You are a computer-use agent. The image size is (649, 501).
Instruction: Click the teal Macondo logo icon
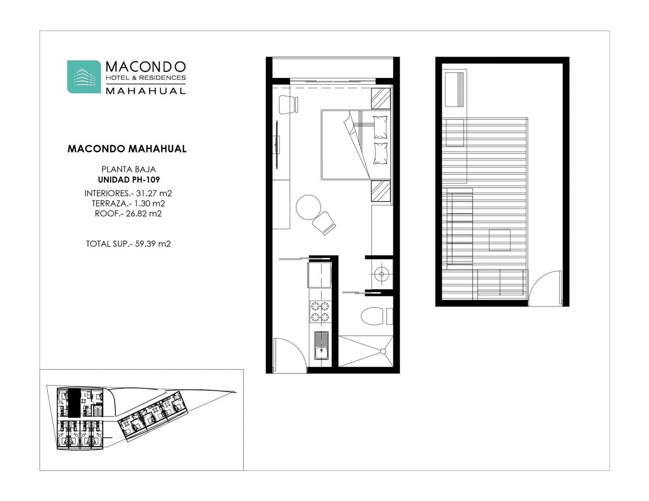tap(84, 77)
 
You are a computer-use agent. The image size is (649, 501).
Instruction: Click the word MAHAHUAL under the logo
tap(146, 91)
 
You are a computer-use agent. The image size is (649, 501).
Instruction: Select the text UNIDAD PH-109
tap(129, 180)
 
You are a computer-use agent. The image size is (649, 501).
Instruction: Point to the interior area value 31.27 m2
tap(154, 193)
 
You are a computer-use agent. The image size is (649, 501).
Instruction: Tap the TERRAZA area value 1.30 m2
tap(149, 203)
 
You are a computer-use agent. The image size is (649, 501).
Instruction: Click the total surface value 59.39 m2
tap(153, 244)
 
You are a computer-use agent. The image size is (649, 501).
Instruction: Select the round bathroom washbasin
tap(381, 274)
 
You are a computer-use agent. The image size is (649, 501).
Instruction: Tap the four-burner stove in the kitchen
tap(320, 312)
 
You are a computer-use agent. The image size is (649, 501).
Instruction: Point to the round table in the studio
tap(308, 208)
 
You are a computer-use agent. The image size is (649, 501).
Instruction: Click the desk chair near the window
tap(289, 105)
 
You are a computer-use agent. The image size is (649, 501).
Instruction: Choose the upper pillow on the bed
tap(380, 127)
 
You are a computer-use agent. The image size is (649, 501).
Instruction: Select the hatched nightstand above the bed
tap(381, 98)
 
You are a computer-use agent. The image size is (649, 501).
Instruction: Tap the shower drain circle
tap(383, 352)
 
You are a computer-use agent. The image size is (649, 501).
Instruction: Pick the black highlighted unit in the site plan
tap(74, 403)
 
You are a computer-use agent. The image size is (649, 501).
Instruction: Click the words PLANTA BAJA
tap(129, 169)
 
